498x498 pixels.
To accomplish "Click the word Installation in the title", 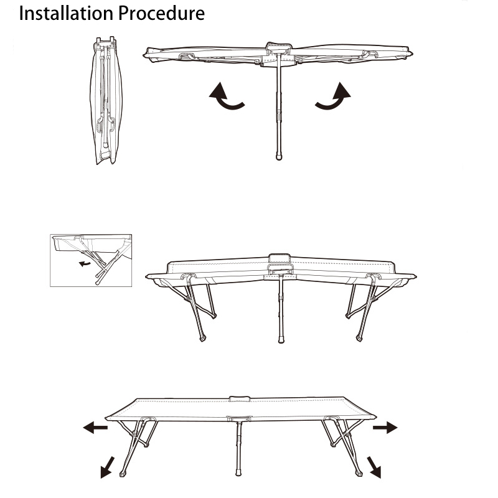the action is (66, 13).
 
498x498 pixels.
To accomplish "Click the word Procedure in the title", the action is (162, 13).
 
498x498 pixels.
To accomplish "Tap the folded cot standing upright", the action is (106, 100).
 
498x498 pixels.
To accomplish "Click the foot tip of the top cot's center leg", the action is (279, 157).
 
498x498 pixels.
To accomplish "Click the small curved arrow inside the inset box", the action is (85, 263).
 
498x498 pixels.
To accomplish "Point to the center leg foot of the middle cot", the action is (281, 340).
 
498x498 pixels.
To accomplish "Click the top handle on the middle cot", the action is (280, 258).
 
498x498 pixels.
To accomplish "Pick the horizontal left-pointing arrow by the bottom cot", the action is (95, 428).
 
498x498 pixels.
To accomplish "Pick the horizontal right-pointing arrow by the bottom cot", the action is (385, 428).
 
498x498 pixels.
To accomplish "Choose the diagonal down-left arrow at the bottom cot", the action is (107, 467).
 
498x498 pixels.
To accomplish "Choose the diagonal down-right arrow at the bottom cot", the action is (374, 467).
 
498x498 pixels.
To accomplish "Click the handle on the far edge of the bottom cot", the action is (240, 399).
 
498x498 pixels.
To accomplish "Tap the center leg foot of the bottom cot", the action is (238, 472).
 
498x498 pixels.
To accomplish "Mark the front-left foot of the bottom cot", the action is (123, 474).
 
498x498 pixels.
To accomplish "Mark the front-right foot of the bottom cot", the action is (359, 473).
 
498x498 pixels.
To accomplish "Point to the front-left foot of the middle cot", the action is (203, 339).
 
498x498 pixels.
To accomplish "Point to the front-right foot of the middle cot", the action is (359, 339).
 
